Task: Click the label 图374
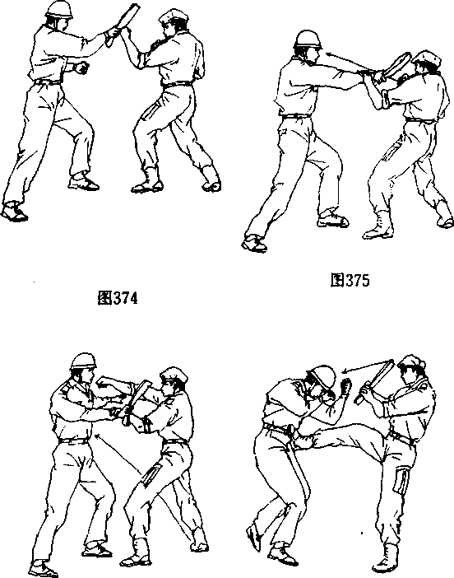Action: point(118,298)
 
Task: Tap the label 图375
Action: point(350,280)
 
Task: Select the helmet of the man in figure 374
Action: point(59,9)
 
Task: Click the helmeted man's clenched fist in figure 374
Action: point(81,68)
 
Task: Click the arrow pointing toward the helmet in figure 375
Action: point(349,62)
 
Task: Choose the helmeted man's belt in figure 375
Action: point(295,116)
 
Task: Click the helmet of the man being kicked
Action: point(322,377)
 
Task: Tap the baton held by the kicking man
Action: point(374,381)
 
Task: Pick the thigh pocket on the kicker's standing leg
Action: point(401,481)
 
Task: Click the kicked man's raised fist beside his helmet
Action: point(345,387)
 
